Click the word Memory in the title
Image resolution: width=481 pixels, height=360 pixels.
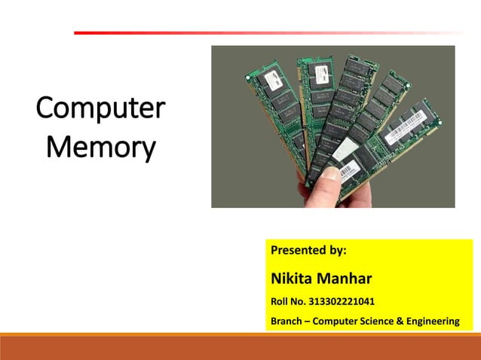tap(100, 146)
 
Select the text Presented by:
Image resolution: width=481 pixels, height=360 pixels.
tap(308, 249)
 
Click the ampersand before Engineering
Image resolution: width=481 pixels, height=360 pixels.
tap(400, 322)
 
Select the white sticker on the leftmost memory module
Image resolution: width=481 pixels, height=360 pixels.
tap(268, 78)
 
